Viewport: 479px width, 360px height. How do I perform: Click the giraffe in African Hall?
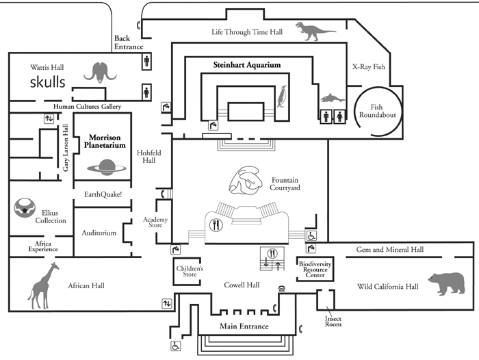click(43, 286)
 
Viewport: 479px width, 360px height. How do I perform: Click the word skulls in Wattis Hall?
click(47, 82)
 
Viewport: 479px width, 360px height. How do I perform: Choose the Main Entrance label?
click(244, 326)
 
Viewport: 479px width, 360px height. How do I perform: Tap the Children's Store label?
click(189, 273)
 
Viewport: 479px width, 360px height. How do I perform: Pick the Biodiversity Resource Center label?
click(315, 269)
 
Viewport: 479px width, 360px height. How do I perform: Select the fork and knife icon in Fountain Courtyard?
click(217, 224)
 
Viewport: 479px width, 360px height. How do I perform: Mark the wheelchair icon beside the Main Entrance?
click(176, 346)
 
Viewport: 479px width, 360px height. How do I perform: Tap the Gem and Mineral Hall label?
click(389, 250)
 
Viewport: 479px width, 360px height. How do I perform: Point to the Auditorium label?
click(99, 233)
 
